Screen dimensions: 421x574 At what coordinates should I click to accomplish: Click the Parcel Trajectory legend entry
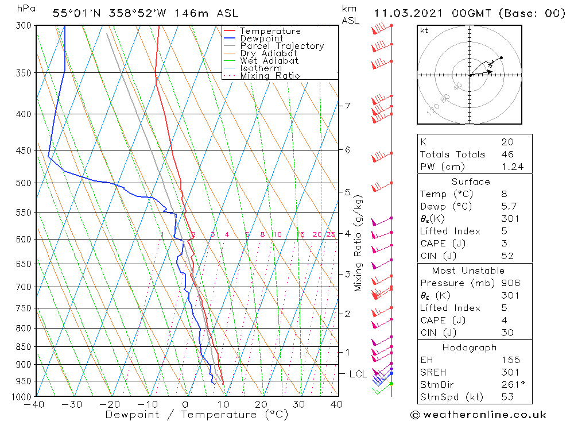tap(282, 46)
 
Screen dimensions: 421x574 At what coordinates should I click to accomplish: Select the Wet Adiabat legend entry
tap(269, 61)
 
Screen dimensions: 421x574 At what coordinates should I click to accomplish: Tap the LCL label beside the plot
tap(358, 374)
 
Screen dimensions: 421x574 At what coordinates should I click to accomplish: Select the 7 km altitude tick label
tap(347, 106)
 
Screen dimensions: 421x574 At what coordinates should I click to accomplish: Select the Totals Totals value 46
tap(507, 154)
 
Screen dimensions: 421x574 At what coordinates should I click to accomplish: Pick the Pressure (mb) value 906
tap(510, 283)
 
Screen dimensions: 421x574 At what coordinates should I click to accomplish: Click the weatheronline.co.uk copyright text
tap(478, 415)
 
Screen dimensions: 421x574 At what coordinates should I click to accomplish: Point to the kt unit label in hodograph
tap(424, 30)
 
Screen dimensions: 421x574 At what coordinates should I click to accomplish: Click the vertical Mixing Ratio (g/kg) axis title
tap(358, 243)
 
